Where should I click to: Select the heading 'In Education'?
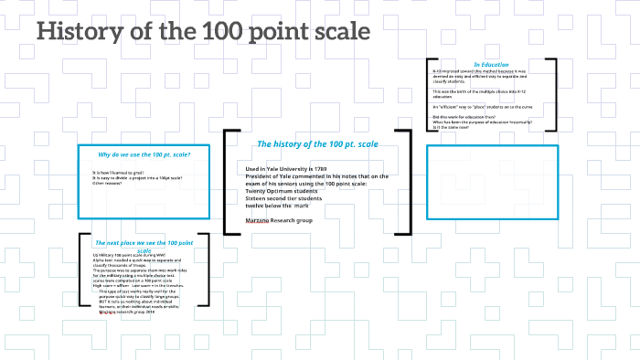(x=491, y=65)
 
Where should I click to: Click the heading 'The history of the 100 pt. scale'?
(x=317, y=144)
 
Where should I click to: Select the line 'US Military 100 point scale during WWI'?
(x=129, y=255)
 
